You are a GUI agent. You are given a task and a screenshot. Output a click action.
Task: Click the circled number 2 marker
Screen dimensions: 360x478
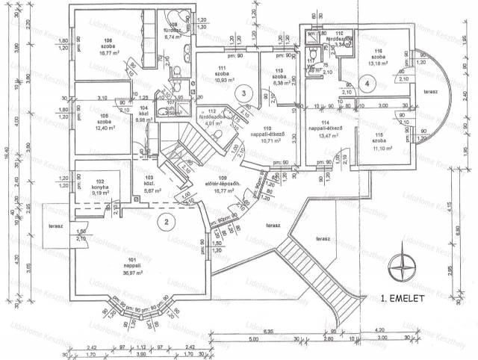point(168,220)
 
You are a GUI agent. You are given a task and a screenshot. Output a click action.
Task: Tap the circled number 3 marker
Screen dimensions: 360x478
point(244,93)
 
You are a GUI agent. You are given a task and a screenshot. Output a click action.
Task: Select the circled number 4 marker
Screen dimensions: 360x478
point(367,84)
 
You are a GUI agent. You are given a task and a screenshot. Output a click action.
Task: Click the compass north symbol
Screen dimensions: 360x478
point(405,264)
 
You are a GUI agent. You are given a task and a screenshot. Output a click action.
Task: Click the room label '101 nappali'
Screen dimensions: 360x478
point(111,261)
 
